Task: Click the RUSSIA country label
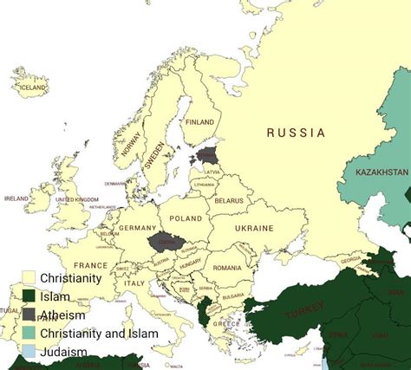[296, 133]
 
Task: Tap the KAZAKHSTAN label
[382, 172]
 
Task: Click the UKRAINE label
[254, 228]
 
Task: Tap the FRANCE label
[90, 265]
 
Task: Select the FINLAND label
[199, 122]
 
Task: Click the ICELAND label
[33, 88]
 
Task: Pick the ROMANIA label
[226, 268]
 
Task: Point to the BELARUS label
[229, 200]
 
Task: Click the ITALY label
[134, 283]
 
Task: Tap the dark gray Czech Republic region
[162, 242]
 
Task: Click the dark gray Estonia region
[207, 155]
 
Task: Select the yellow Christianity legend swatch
[29, 279]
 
